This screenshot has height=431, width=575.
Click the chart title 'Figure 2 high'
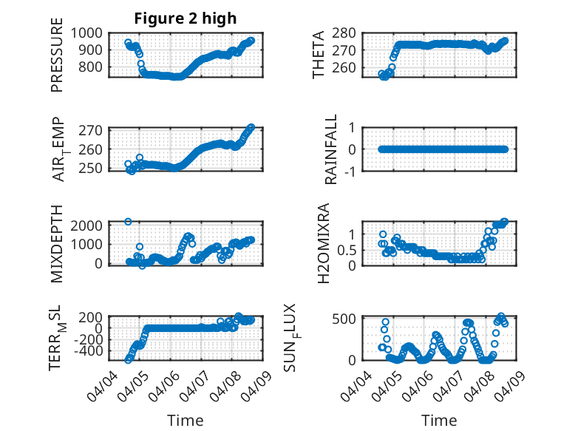click(x=186, y=18)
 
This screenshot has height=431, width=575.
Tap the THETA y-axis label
click(x=319, y=55)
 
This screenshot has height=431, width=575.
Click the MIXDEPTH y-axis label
click(x=57, y=243)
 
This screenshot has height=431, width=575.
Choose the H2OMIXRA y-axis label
click(x=323, y=243)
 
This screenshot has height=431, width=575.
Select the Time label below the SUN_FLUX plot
click(x=439, y=421)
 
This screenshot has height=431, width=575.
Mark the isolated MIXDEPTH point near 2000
click(x=128, y=221)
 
